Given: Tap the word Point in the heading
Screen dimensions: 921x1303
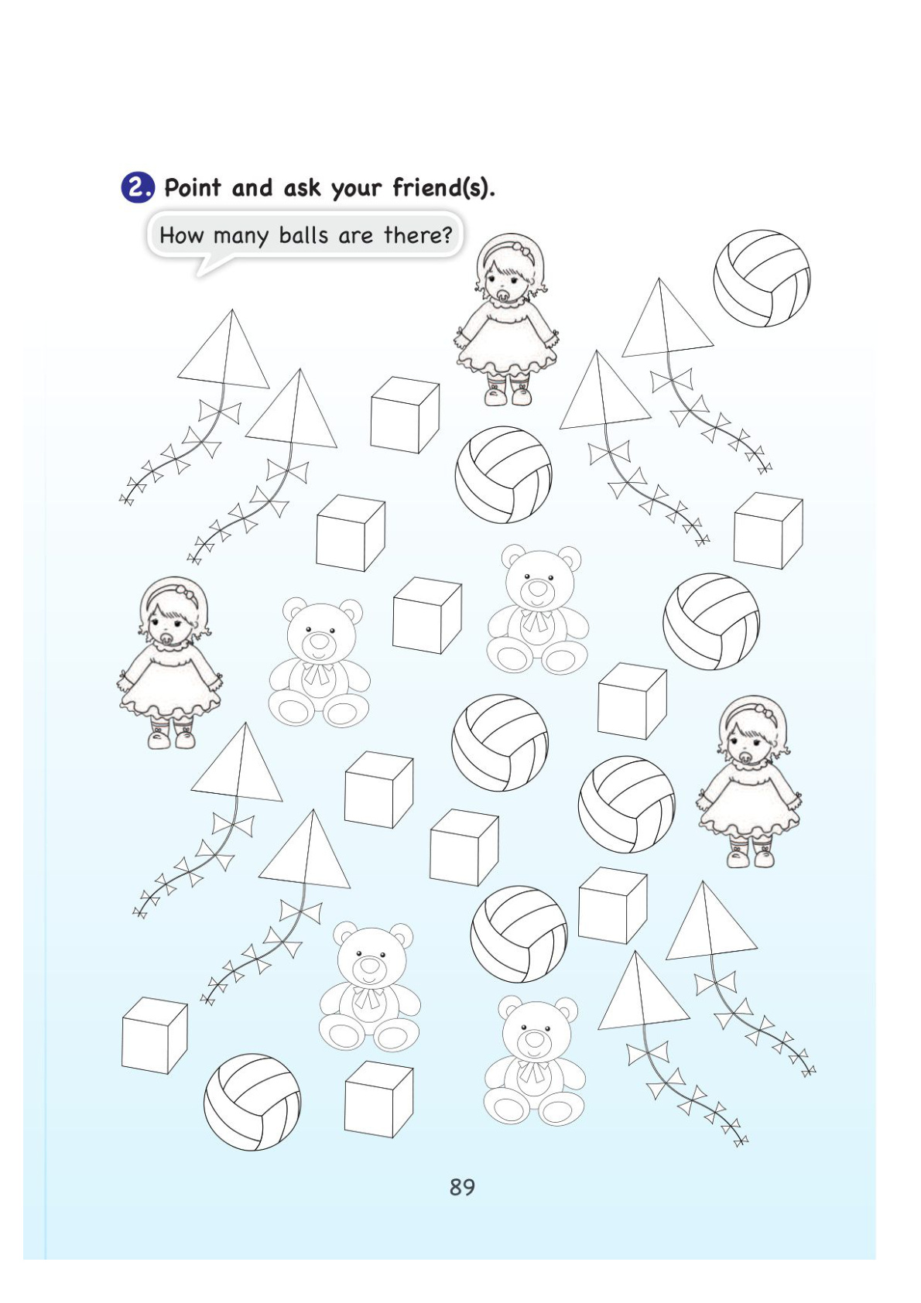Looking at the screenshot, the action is [x=193, y=187].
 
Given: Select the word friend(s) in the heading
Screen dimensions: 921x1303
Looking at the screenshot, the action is [x=443, y=187].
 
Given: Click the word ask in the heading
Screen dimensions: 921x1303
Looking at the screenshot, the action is [x=301, y=187].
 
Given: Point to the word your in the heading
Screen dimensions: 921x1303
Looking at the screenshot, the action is [x=355, y=190].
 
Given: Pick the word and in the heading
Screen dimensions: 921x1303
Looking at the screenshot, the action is [x=252, y=187].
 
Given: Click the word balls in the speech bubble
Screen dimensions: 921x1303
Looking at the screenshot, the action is [x=303, y=235].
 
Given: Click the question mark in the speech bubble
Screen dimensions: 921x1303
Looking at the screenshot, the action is [x=447, y=235].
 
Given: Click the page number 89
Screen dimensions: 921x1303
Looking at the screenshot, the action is [x=462, y=1187].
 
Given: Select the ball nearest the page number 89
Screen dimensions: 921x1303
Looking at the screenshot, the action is [x=252, y=1102].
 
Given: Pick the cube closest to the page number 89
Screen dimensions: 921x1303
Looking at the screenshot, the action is [x=378, y=1099].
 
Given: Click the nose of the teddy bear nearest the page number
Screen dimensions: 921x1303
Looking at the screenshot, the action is [x=533, y=1037].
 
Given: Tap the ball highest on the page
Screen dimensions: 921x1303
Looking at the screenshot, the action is [x=762, y=278].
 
